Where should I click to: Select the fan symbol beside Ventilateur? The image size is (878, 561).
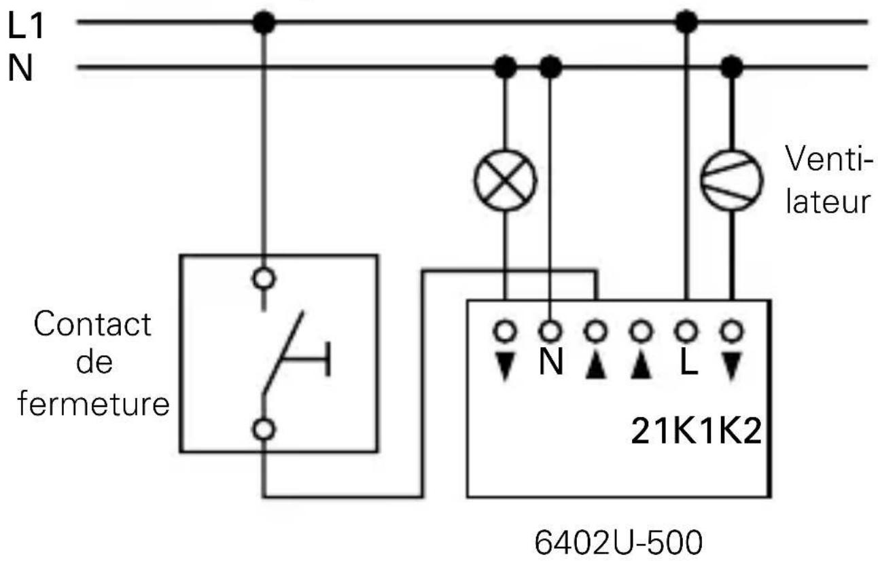pos(731,180)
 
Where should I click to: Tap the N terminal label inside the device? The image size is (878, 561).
pos(550,363)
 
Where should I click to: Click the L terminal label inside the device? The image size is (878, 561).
pos(688,363)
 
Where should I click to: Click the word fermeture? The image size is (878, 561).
pos(93,405)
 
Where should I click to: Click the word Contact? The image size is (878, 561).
pos(93,325)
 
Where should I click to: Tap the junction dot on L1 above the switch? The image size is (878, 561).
pos(264,23)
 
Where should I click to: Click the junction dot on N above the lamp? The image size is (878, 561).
pos(506,67)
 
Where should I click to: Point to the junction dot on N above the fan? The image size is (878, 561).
pos(731,67)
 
